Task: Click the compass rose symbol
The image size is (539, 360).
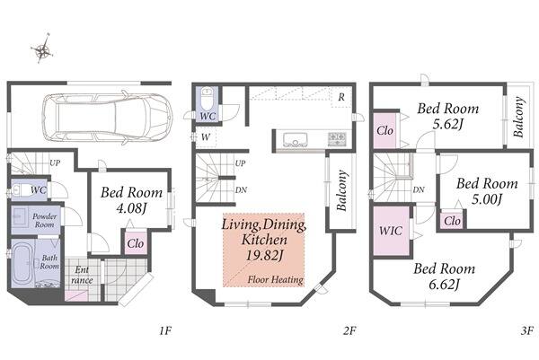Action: (42, 48)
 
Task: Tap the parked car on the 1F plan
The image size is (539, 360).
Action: (107, 118)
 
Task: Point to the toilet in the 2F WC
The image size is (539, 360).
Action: (207, 97)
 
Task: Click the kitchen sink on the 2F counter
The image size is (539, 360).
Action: (296, 139)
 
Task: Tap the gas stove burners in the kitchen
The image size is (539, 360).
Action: (337, 138)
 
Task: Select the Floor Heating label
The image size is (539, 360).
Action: (276, 279)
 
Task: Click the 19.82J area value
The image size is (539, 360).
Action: (264, 255)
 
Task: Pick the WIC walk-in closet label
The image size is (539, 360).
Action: (390, 230)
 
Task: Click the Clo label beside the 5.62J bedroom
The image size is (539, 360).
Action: (385, 130)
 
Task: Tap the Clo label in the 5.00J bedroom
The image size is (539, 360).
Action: (452, 221)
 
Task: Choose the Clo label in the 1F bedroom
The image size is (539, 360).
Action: (136, 243)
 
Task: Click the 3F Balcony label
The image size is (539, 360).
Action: (519, 117)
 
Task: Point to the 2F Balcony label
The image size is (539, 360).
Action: (341, 190)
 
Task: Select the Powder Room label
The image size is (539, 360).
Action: (44, 221)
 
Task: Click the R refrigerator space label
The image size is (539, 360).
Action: (341, 97)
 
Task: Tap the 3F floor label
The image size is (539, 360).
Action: (526, 330)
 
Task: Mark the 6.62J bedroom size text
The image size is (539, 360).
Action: (444, 285)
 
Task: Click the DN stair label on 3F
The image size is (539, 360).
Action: (419, 189)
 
